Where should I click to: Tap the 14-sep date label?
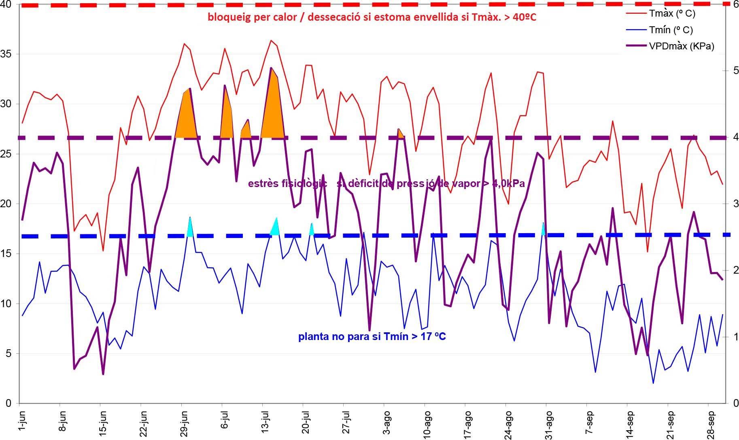click(630, 423)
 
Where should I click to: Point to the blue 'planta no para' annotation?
click(372, 336)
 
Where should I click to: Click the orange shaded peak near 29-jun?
click(186, 117)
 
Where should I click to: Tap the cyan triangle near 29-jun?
click(190, 229)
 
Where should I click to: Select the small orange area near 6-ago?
click(400, 134)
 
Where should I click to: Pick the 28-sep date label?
click(711, 423)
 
